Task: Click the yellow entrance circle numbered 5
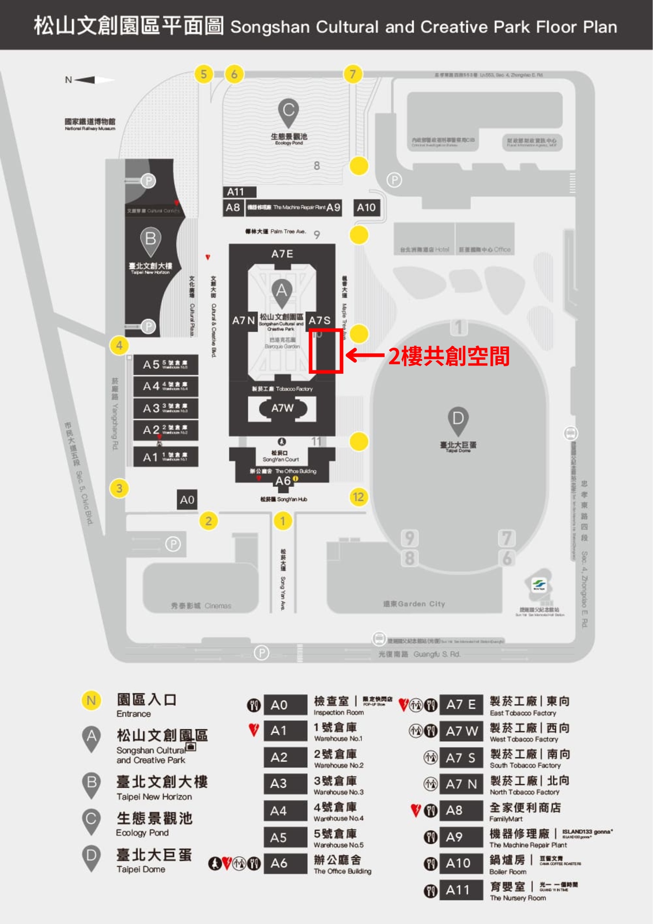[204, 74]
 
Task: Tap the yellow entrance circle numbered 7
[353, 74]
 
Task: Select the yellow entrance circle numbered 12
[358, 497]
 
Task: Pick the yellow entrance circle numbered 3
[119, 488]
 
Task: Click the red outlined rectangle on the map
[326, 351]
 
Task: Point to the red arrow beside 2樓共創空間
[365, 355]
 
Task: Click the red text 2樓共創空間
[448, 356]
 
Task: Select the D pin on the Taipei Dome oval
[458, 420]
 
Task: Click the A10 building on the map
[366, 208]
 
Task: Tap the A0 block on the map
[187, 500]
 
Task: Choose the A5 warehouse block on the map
[165, 365]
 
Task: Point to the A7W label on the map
[282, 408]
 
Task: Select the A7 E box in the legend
[461, 705]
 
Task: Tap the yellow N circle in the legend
[91, 700]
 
